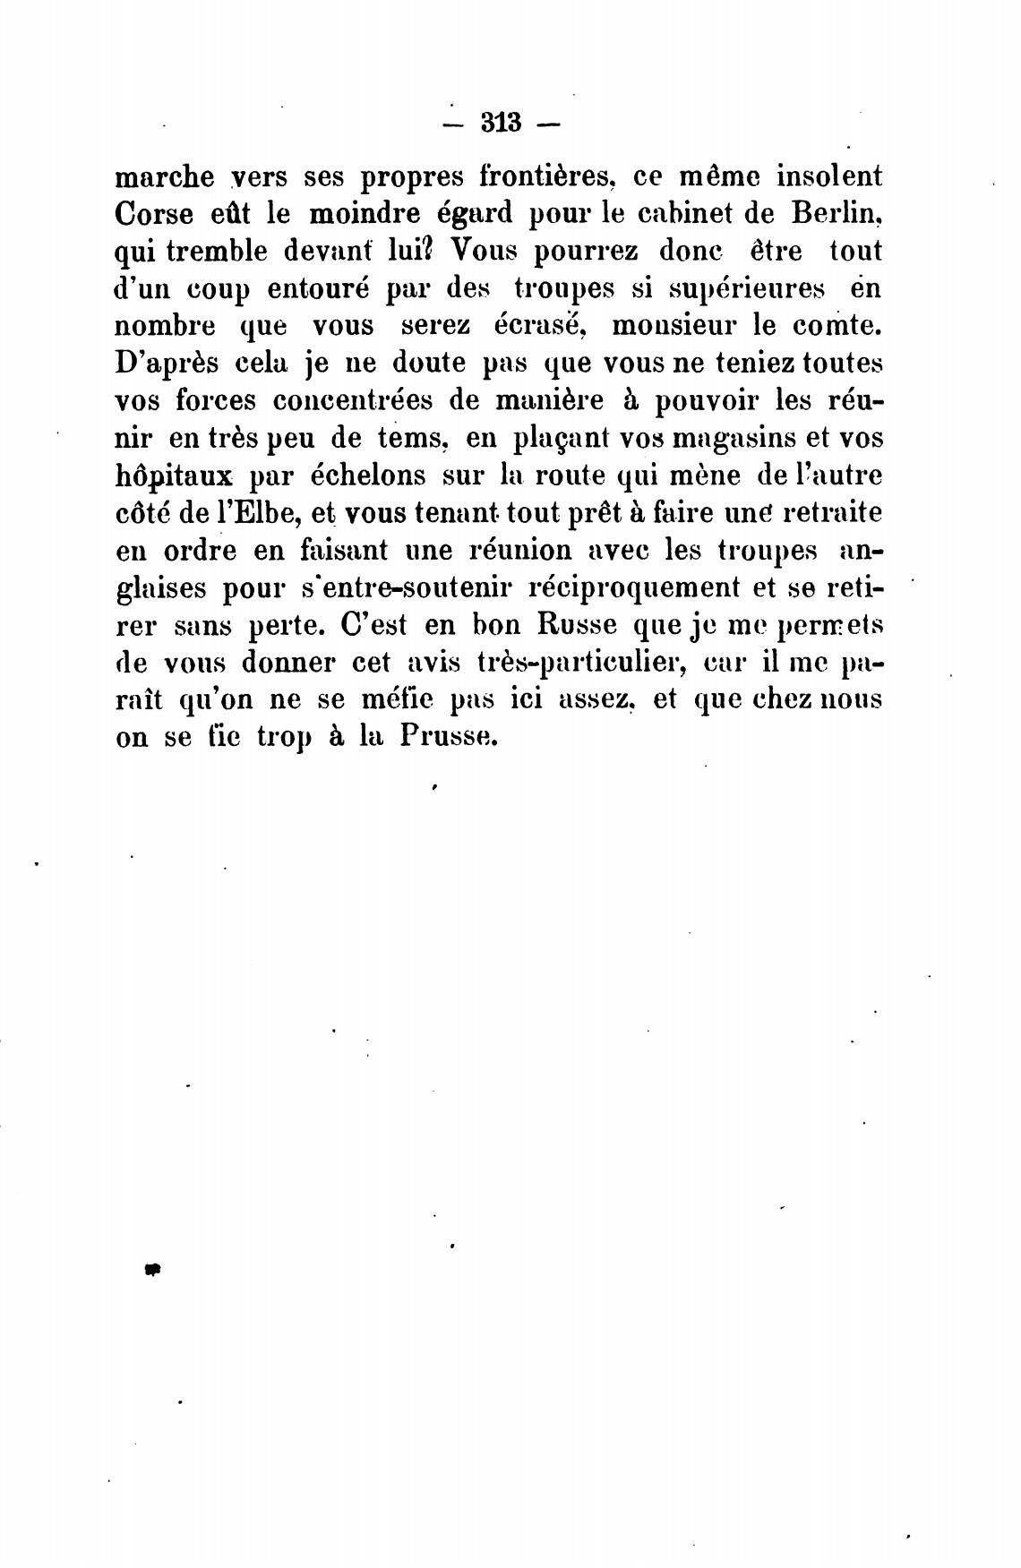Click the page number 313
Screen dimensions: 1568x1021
(501, 122)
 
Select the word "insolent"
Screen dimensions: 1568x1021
(828, 176)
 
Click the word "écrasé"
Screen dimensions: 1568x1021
(540, 326)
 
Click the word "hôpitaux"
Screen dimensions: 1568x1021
(175, 476)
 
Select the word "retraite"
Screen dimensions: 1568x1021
(833, 513)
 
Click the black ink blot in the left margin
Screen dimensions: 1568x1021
(151, 1269)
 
